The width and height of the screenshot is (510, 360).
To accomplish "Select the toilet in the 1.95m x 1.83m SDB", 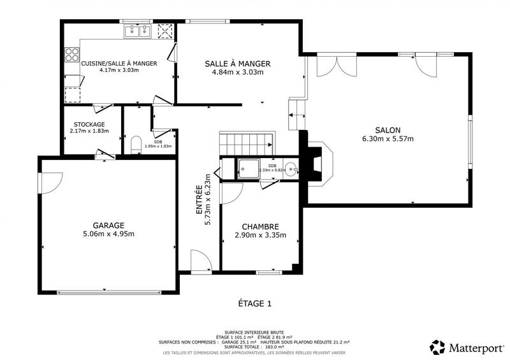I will [x=135, y=145].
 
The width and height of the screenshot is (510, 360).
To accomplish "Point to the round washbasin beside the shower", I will [x=290, y=169].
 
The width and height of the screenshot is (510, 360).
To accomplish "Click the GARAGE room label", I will [x=108, y=225].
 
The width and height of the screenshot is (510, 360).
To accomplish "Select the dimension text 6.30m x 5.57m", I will [x=388, y=139].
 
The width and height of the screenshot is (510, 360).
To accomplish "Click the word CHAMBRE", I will [x=260, y=227].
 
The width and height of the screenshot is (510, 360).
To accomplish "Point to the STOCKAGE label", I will [x=89, y=124].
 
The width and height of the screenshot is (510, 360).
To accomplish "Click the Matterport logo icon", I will [x=437, y=347].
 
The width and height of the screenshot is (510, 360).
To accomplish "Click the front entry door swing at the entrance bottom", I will [x=200, y=261].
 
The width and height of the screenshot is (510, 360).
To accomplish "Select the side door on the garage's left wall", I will [x=46, y=184].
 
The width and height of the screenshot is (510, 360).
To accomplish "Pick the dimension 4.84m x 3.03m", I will [x=238, y=72].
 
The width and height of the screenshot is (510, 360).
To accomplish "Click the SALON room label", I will [x=388, y=130].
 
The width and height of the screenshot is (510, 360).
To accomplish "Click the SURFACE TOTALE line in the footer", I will [x=255, y=346].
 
